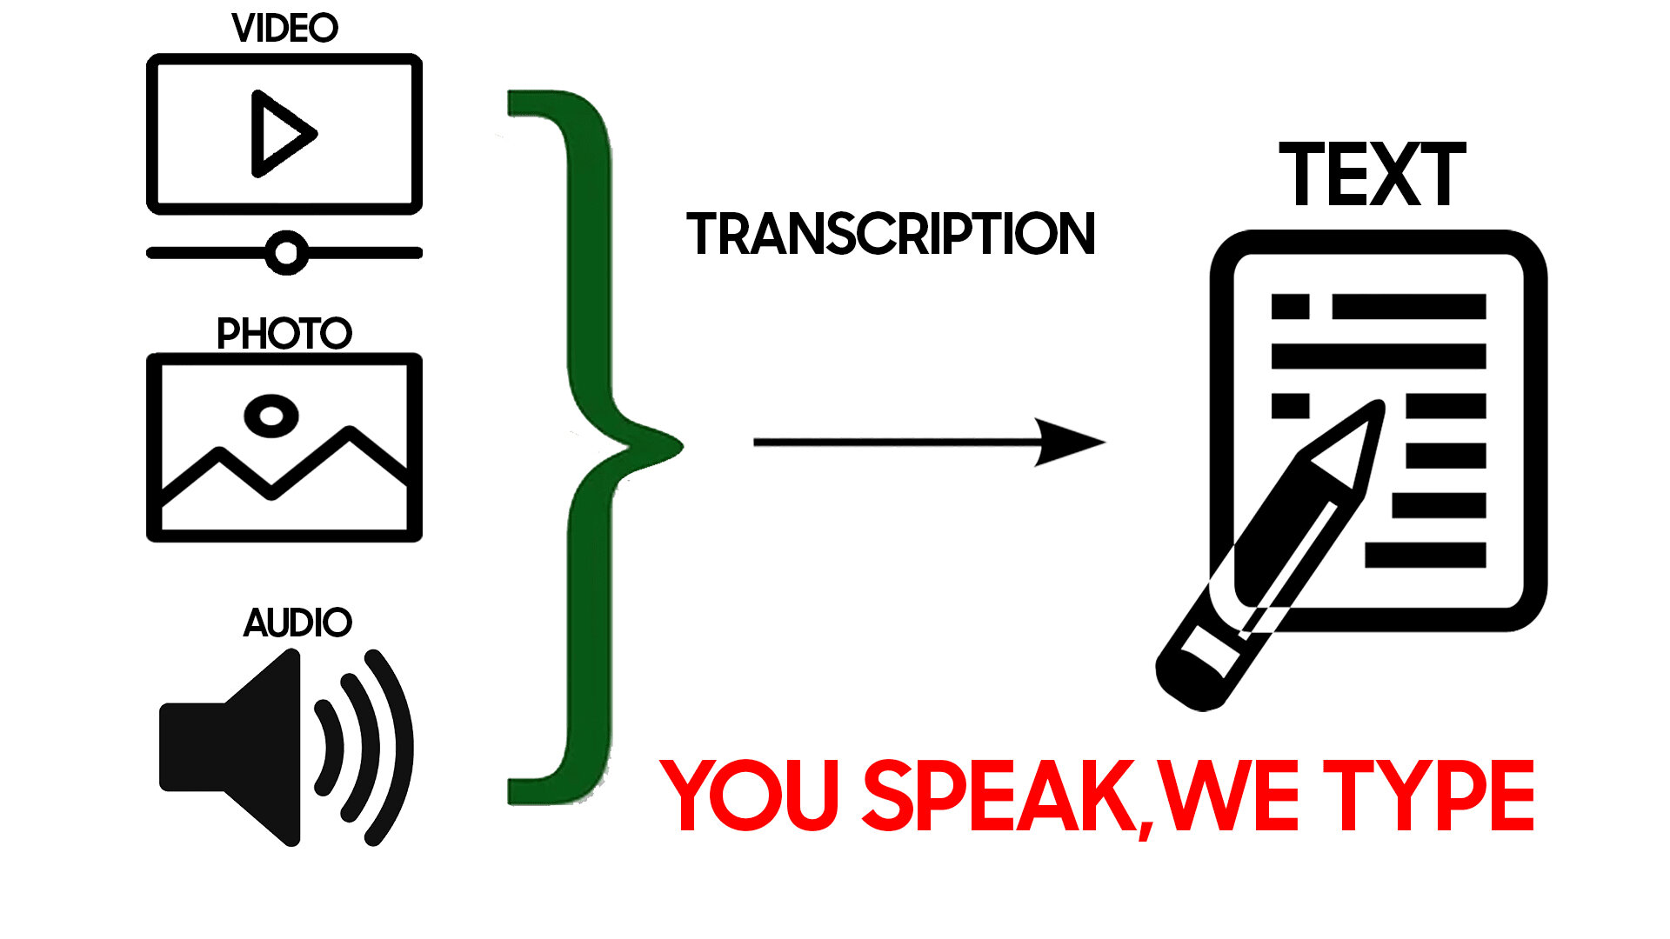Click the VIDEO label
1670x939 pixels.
pyautogui.click(x=284, y=28)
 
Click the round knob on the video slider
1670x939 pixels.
pyautogui.click(x=286, y=253)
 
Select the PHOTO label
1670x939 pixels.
pyautogui.click(x=284, y=333)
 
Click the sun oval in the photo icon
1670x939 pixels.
pyautogui.click(x=271, y=416)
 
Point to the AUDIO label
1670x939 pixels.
pyautogui.click(x=297, y=623)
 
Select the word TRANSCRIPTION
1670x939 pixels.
pyautogui.click(x=891, y=234)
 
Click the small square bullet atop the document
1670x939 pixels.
pyautogui.click(x=1290, y=307)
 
